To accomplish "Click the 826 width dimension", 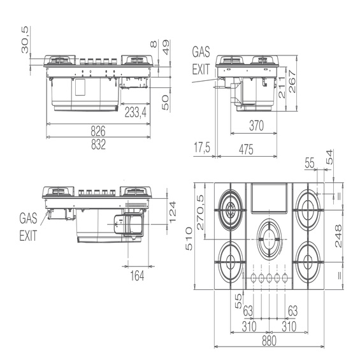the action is pos(98,131).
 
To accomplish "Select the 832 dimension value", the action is pos(98,145).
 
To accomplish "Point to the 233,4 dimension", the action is pos(136,113).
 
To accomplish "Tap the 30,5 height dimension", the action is pos(25,40).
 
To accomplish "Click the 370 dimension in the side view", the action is pos(256,126).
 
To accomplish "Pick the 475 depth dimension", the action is pos(246,149).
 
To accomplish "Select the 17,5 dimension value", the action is pos(202,147).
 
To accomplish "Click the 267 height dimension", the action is pos(292,82).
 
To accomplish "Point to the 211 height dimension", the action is pos(282,87).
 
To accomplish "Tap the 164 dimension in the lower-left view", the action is pos(137,275).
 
